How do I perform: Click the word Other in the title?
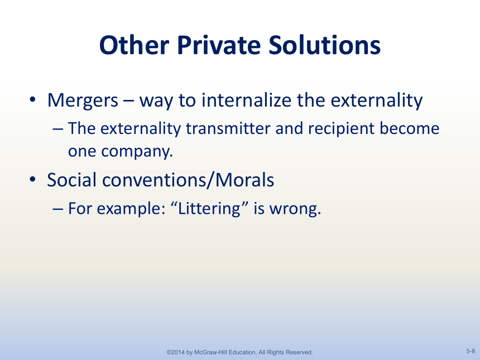(134, 45)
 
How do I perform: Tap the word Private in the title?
(219, 45)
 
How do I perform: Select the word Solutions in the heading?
(324, 45)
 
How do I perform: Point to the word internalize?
(247, 100)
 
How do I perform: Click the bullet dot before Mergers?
(32, 99)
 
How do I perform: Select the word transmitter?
(228, 128)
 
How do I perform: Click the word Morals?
(244, 180)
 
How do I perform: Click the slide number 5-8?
(471, 351)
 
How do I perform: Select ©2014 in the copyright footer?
(176, 352)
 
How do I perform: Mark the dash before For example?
(57, 209)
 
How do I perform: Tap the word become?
(410, 128)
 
